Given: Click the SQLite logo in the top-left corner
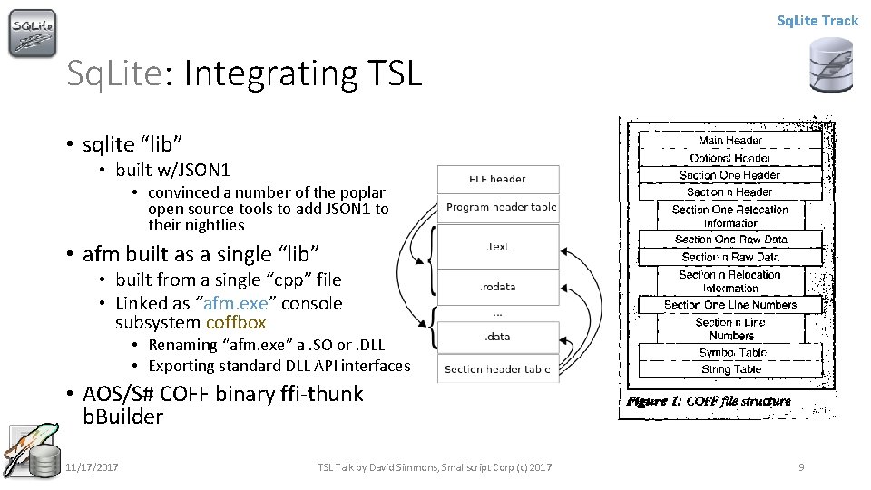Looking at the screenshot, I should tap(33, 34).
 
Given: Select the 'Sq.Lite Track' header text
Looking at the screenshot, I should tap(817, 20).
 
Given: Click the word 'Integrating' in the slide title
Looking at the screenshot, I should tap(270, 73).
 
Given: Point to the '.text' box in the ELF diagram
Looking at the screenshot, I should tap(498, 246).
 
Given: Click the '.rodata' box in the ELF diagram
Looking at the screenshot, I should tap(498, 287).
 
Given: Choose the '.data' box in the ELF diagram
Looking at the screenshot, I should tap(498, 336).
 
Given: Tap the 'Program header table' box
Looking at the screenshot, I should tap(501, 207).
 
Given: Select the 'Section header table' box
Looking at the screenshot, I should tap(498, 369).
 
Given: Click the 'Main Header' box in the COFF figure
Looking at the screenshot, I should tap(730, 141).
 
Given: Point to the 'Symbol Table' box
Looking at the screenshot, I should tap(731, 352).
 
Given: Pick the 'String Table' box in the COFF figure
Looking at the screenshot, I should tap(731, 369).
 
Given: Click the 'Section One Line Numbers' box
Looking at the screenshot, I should tap(730, 305).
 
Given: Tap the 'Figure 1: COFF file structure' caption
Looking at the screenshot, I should tap(708, 401).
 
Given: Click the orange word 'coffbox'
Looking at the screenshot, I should tap(236, 322).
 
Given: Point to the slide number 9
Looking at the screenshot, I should tap(801, 467).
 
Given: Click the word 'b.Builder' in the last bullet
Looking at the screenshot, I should tap(122, 417).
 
